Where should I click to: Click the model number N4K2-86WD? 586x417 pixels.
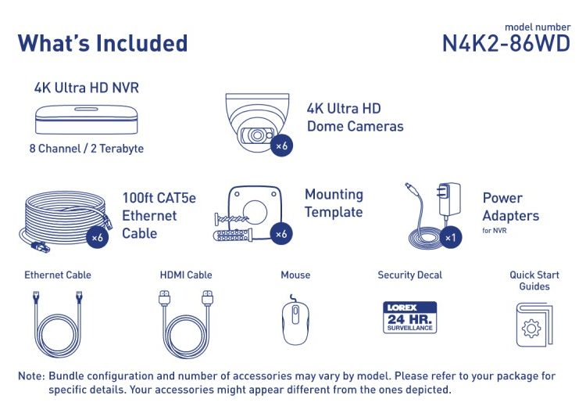pyautogui.click(x=506, y=44)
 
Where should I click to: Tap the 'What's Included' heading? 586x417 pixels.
pyautogui.click(x=102, y=43)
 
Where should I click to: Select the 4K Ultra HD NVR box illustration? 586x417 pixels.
pyautogui.click(x=86, y=120)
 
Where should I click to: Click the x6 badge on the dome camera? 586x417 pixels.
pyautogui.click(x=281, y=146)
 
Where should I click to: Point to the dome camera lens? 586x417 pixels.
pyautogui.click(x=257, y=135)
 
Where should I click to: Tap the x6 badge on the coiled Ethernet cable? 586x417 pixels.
pyautogui.click(x=97, y=237)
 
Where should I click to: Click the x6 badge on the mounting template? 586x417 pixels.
pyautogui.click(x=281, y=234)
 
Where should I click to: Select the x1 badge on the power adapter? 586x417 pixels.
pyautogui.click(x=450, y=237)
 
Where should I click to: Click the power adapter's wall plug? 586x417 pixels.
pyautogui.click(x=448, y=199)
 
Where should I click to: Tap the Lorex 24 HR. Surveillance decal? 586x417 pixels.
pyautogui.click(x=410, y=318)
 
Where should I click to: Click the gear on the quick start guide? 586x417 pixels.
pyautogui.click(x=531, y=329)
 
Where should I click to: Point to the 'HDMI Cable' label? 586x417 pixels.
pyautogui.click(x=186, y=275)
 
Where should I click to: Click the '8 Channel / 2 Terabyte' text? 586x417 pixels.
pyautogui.click(x=86, y=149)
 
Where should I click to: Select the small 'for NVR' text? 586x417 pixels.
pyautogui.click(x=494, y=231)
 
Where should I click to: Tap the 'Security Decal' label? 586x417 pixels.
pyautogui.click(x=409, y=275)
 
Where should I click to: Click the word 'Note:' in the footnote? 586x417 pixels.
pyautogui.click(x=31, y=376)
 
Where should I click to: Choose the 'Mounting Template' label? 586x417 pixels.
pyautogui.click(x=334, y=203)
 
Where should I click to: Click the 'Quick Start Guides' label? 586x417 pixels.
pyautogui.click(x=534, y=281)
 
